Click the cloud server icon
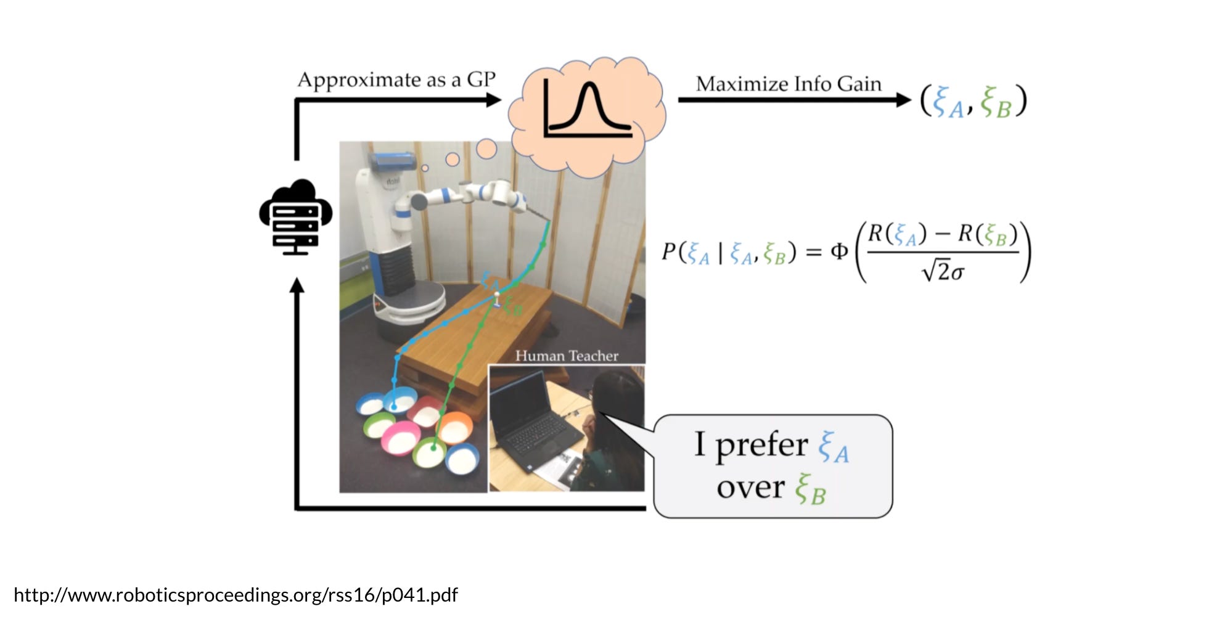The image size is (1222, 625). click(296, 217)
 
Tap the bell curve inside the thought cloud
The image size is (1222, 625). click(589, 108)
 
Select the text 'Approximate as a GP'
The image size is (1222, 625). click(396, 80)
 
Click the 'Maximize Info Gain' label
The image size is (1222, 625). click(789, 84)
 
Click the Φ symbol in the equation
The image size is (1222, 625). click(839, 251)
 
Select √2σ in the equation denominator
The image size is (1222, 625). click(942, 271)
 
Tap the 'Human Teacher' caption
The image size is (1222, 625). click(567, 356)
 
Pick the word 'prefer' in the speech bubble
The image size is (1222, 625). click(761, 444)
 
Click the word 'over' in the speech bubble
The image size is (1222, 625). click(750, 487)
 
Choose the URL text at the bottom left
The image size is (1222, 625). click(236, 595)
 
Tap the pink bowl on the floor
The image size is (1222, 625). click(400, 439)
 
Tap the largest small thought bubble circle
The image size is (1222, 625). click(486, 149)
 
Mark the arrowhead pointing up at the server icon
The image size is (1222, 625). click(297, 285)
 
